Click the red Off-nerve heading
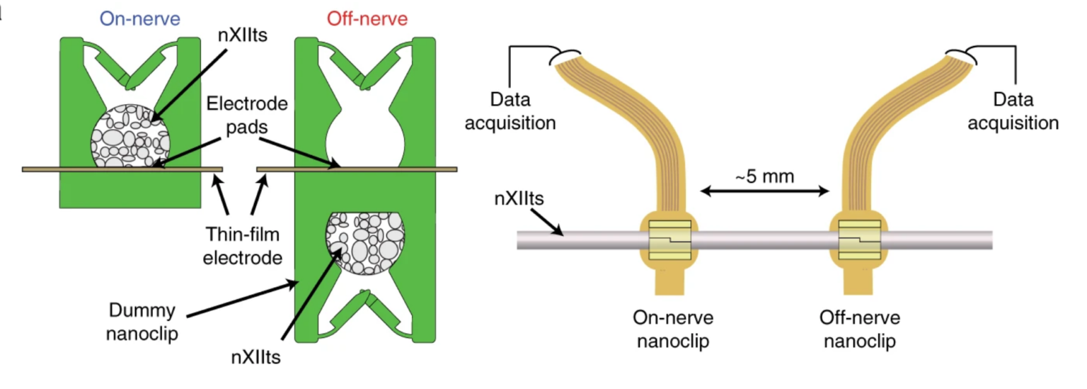click(x=367, y=19)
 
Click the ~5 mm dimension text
click(x=764, y=176)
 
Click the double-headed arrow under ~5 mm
click(x=764, y=191)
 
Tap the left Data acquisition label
click(x=520, y=111)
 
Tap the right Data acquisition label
click(x=1013, y=111)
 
